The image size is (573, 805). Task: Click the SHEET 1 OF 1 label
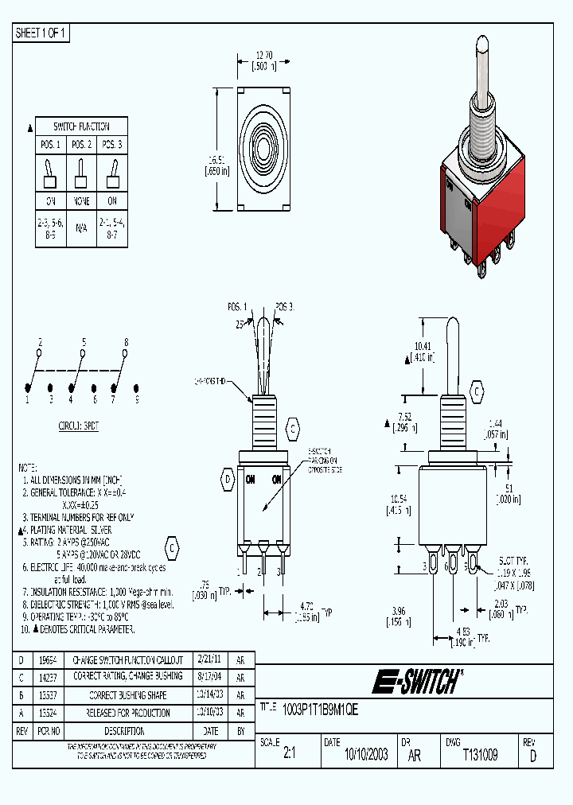point(41,33)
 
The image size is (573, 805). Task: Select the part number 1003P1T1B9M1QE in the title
point(321,710)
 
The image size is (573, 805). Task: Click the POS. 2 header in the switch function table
point(81,145)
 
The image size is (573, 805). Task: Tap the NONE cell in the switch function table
point(81,201)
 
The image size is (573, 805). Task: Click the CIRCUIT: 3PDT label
point(79,426)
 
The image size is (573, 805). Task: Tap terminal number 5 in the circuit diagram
point(84,341)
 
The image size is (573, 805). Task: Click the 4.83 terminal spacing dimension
point(462,632)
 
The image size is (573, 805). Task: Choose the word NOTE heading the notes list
point(29,468)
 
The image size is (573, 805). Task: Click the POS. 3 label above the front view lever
point(284,307)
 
